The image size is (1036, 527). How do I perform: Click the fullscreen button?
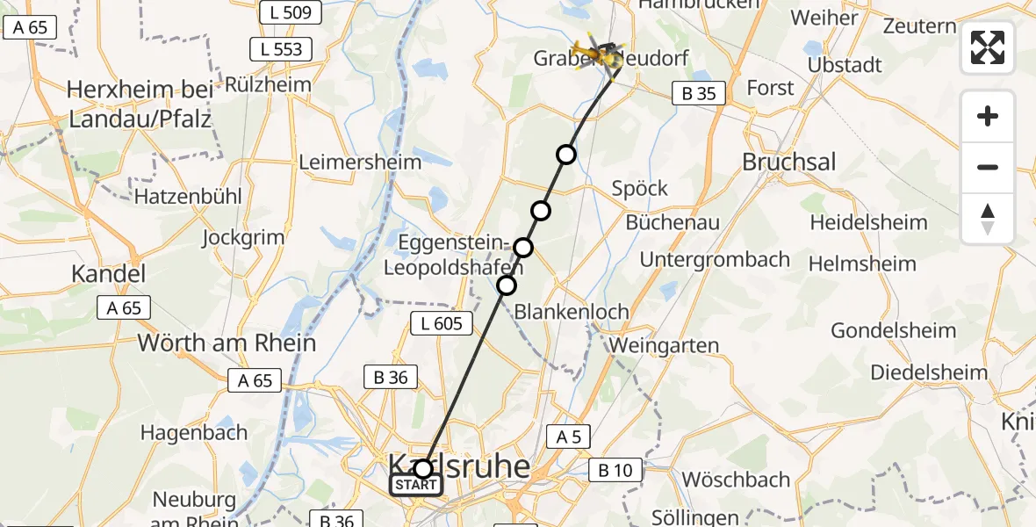click(988, 47)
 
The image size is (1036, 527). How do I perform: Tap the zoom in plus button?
click(988, 116)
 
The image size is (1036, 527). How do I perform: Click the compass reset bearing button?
click(988, 219)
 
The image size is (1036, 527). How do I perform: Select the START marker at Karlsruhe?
click(416, 484)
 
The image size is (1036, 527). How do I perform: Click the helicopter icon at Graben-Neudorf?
click(600, 54)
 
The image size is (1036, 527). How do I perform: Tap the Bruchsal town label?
click(789, 162)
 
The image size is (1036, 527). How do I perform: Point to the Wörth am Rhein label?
click(227, 343)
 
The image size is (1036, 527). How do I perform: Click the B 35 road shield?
click(699, 93)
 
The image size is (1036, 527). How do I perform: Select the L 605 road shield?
click(436, 323)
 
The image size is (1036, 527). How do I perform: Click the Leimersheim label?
click(360, 162)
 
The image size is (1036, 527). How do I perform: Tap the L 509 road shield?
click(291, 12)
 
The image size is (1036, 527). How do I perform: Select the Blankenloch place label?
click(572, 311)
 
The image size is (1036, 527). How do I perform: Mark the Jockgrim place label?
click(243, 237)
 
